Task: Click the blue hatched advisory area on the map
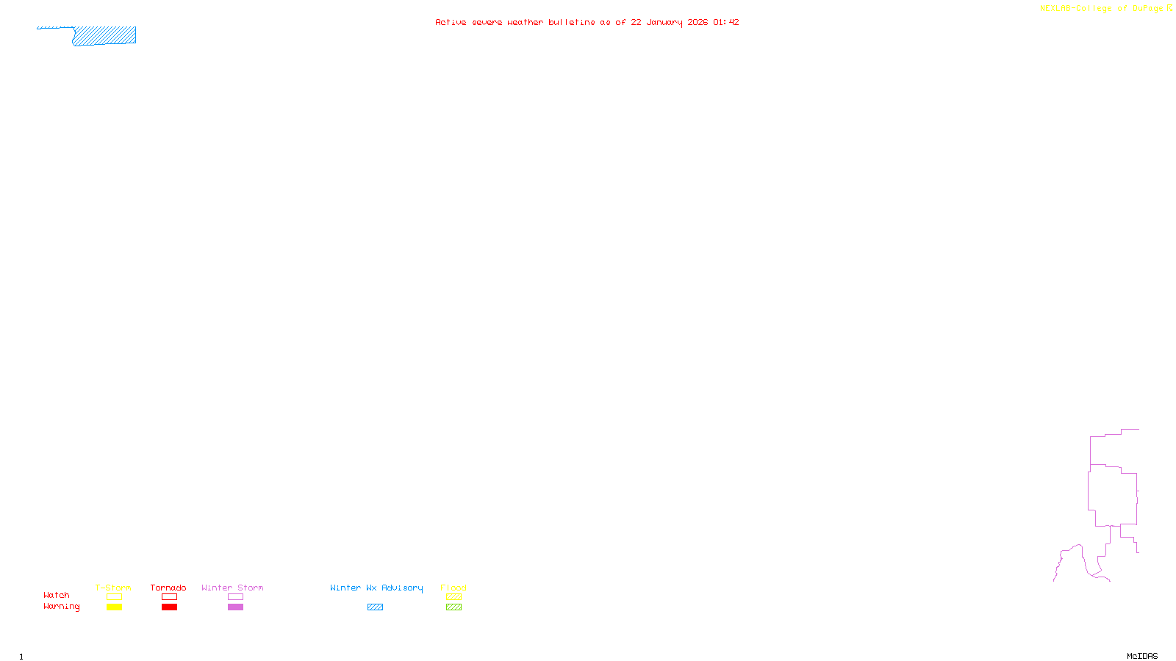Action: tap(104, 35)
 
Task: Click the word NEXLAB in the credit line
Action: tap(1055, 9)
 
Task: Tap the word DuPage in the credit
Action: tap(1147, 9)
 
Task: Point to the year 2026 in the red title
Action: tap(698, 22)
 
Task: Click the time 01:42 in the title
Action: tap(726, 22)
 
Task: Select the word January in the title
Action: tap(664, 22)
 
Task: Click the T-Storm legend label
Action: tap(113, 588)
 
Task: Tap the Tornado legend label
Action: tap(168, 588)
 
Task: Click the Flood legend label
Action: tap(453, 588)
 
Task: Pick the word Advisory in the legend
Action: tap(402, 588)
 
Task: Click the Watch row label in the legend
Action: tap(57, 595)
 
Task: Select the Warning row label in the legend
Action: tap(62, 607)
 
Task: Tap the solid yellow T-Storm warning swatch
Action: tap(114, 607)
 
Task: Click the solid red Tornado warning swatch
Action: tap(169, 607)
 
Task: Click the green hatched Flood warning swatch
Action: tap(453, 607)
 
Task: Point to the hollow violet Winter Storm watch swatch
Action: tap(235, 597)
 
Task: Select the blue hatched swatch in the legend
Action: tap(375, 607)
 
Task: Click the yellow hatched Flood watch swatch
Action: tap(453, 597)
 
